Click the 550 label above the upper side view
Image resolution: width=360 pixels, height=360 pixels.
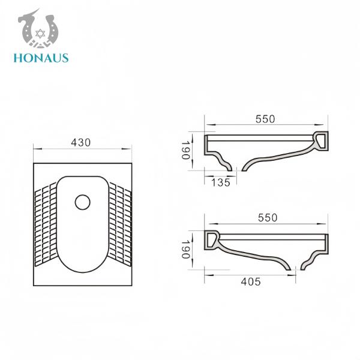tap(265, 119)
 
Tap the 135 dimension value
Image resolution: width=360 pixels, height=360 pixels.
tap(221, 183)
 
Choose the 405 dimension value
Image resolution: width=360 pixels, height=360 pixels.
tap(250, 281)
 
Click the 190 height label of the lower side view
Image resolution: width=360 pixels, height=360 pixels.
tap(185, 249)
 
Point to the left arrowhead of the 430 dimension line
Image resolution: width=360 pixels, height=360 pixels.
tap(35, 148)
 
